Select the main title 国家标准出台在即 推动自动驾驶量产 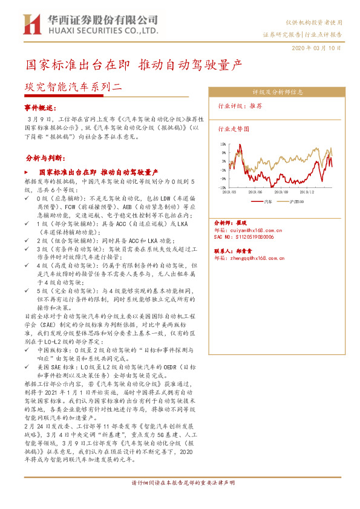(133, 64)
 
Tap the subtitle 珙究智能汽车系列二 (73, 86)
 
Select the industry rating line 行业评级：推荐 (240, 105)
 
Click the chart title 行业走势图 (234, 129)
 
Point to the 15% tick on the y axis (223, 144)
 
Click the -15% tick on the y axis (222, 188)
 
